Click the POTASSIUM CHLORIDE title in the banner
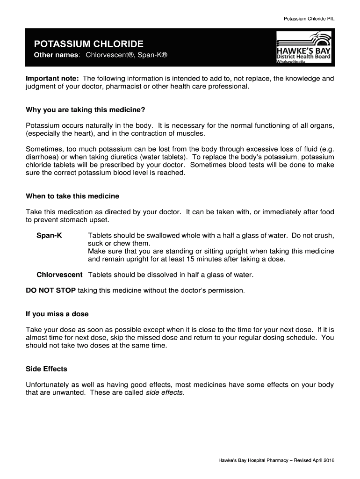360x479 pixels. click(x=88, y=44)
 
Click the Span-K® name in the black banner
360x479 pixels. click(x=153, y=56)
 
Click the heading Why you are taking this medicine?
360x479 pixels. click(x=86, y=110)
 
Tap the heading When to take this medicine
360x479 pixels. click(x=72, y=196)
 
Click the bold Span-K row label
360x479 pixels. click(x=49, y=235)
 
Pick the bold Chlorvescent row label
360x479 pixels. click(x=59, y=275)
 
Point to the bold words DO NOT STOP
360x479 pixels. click(x=50, y=290)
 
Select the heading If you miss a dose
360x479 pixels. click(x=57, y=314)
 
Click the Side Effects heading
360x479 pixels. click(x=46, y=369)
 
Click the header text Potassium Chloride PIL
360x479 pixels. click(x=309, y=19)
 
